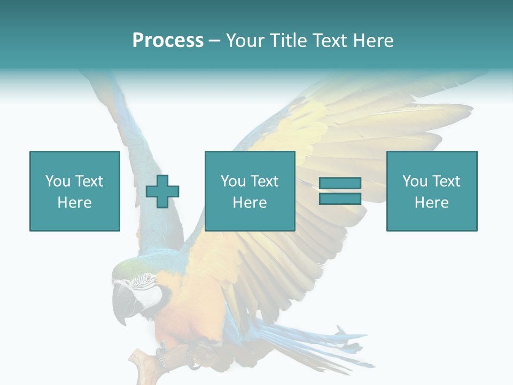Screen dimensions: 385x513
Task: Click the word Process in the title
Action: (168, 41)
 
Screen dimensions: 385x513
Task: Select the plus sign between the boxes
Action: (162, 191)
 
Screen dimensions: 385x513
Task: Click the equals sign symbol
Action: (340, 191)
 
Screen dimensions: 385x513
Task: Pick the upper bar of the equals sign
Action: (340, 183)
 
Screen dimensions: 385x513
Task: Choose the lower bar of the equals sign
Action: (340, 199)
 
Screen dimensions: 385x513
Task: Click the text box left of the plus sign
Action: (75, 191)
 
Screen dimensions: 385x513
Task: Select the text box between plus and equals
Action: (250, 191)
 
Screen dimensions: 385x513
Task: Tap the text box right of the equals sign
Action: (431, 191)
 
